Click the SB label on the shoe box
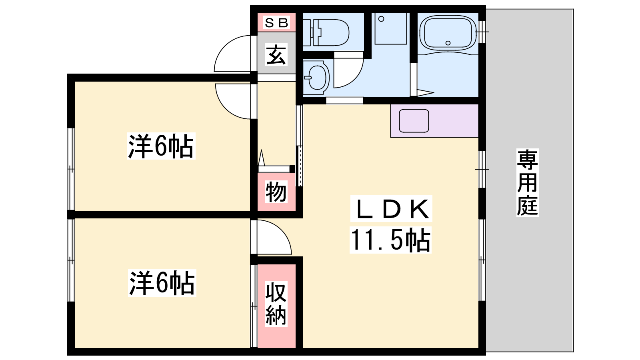276,22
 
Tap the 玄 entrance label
276,55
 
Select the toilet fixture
326,32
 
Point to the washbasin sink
316,77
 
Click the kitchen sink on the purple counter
414,121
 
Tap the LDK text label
391,208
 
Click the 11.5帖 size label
390,240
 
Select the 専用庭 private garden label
528,183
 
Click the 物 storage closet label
276,192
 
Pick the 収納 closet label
276,304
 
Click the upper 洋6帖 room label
161,146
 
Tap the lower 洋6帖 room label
162,283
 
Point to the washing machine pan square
390,28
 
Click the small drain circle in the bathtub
448,43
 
